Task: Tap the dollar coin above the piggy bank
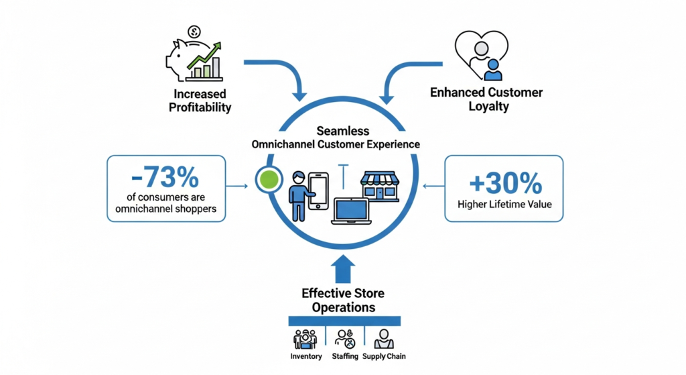(x=194, y=31)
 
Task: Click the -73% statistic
(x=165, y=177)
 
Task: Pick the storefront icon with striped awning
(x=380, y=185)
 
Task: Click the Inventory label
(x=305, y=356)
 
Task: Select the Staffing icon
(x=344, y=338)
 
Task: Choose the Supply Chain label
(x=384, y=356)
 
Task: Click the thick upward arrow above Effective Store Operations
(x=343, y=268)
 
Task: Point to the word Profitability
(x=200, y=107)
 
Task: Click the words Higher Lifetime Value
(x=504, y=203)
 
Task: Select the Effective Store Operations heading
(x=343, y=300)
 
